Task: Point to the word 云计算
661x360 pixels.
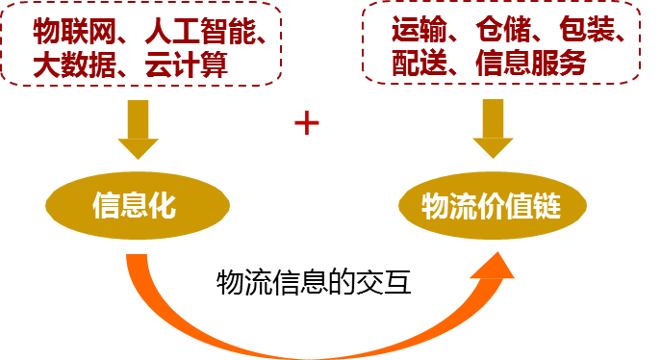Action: tap(188, 65)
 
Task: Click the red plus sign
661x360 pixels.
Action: tap(306, 123)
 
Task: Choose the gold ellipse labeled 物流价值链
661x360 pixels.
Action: tap(492, 206)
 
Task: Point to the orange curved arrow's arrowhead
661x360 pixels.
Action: tap(496, 265)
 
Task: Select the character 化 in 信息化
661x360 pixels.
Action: tap(163, 206)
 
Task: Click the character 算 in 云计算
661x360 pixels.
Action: tap(216, 65)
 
